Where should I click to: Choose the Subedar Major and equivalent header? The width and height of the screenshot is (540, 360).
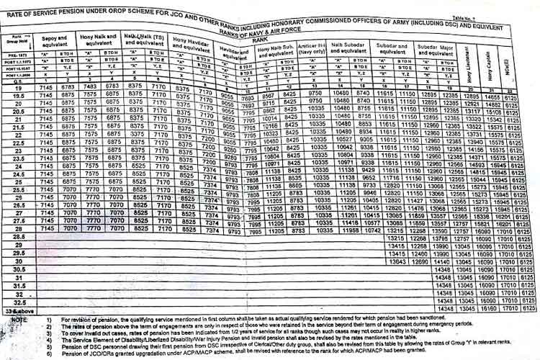(433, 51)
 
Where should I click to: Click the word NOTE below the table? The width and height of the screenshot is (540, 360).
(17, 319)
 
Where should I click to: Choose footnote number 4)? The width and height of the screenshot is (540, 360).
(50, 341)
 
